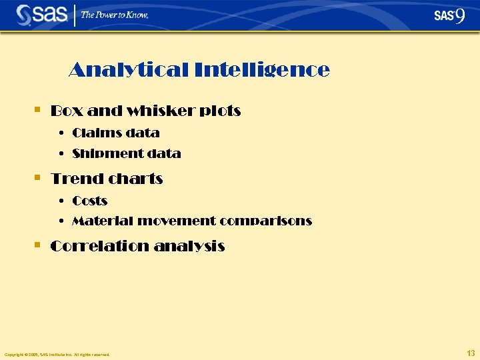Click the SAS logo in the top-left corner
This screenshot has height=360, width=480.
coord(41,15)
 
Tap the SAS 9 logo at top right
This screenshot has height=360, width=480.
coord(449,15)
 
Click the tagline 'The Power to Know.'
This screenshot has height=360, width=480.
coord(115,15)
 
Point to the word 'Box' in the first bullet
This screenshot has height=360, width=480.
coord(63,111)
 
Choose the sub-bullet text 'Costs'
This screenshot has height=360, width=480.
coord(90,201)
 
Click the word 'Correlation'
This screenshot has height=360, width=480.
coord(99,246)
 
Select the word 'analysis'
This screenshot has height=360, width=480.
coord(189,246)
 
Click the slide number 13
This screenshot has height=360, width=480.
coord(471,352)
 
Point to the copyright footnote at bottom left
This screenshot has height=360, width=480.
coord(57,355)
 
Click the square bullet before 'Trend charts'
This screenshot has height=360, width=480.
coord(38,178)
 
